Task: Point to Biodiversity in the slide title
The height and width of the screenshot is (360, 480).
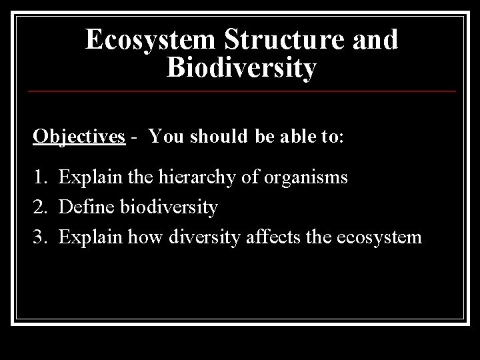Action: pyautogui.click(x=241, y=68)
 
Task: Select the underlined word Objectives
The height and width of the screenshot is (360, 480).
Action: pyautogui.click(x=79, y=137)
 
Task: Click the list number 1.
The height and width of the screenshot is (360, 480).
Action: pyautogui.click(x=39, y=178)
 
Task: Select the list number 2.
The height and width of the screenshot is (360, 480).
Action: pyautogui.click(x=39, y=207)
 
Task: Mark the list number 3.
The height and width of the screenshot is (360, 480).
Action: pyautogui.click(x=39, y=237)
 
